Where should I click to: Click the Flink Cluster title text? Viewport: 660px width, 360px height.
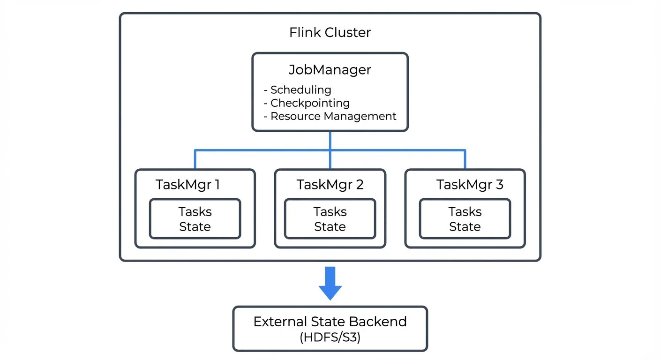point(330,32)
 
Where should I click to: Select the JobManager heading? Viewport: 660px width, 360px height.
point(330,70)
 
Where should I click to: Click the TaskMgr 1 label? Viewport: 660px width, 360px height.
point(187,185)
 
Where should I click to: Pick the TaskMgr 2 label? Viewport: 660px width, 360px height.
point(330,185)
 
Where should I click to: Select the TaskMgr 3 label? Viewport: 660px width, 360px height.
point(470,185)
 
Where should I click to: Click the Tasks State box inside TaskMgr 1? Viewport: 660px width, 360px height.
point(195,219)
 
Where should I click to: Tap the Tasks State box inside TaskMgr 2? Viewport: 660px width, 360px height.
point(330,219)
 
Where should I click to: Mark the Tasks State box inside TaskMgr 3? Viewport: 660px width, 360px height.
point(465,219)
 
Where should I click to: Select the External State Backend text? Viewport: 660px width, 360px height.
point(330,322)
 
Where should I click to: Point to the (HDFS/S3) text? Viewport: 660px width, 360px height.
point(330,337)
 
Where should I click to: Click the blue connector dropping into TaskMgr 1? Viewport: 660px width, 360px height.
point(195,159)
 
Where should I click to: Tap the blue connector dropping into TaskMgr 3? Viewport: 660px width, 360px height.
point(465,159)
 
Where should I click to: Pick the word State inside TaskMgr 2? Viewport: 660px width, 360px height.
point(330,227)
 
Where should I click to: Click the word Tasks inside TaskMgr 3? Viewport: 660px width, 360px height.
point(465,212)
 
